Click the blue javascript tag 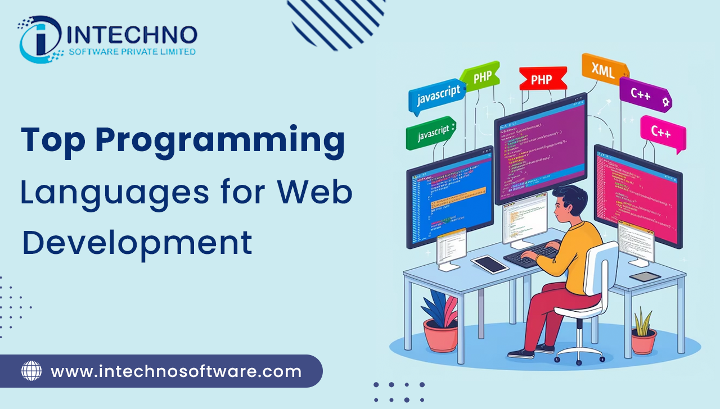point(437,96)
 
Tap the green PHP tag point(481,77)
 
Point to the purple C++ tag point(643,94)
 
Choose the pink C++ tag point(662,131)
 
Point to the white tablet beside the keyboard point(490,264)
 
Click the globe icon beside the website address point(31,371)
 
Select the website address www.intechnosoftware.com point(176,371)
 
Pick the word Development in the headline point(137,243)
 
